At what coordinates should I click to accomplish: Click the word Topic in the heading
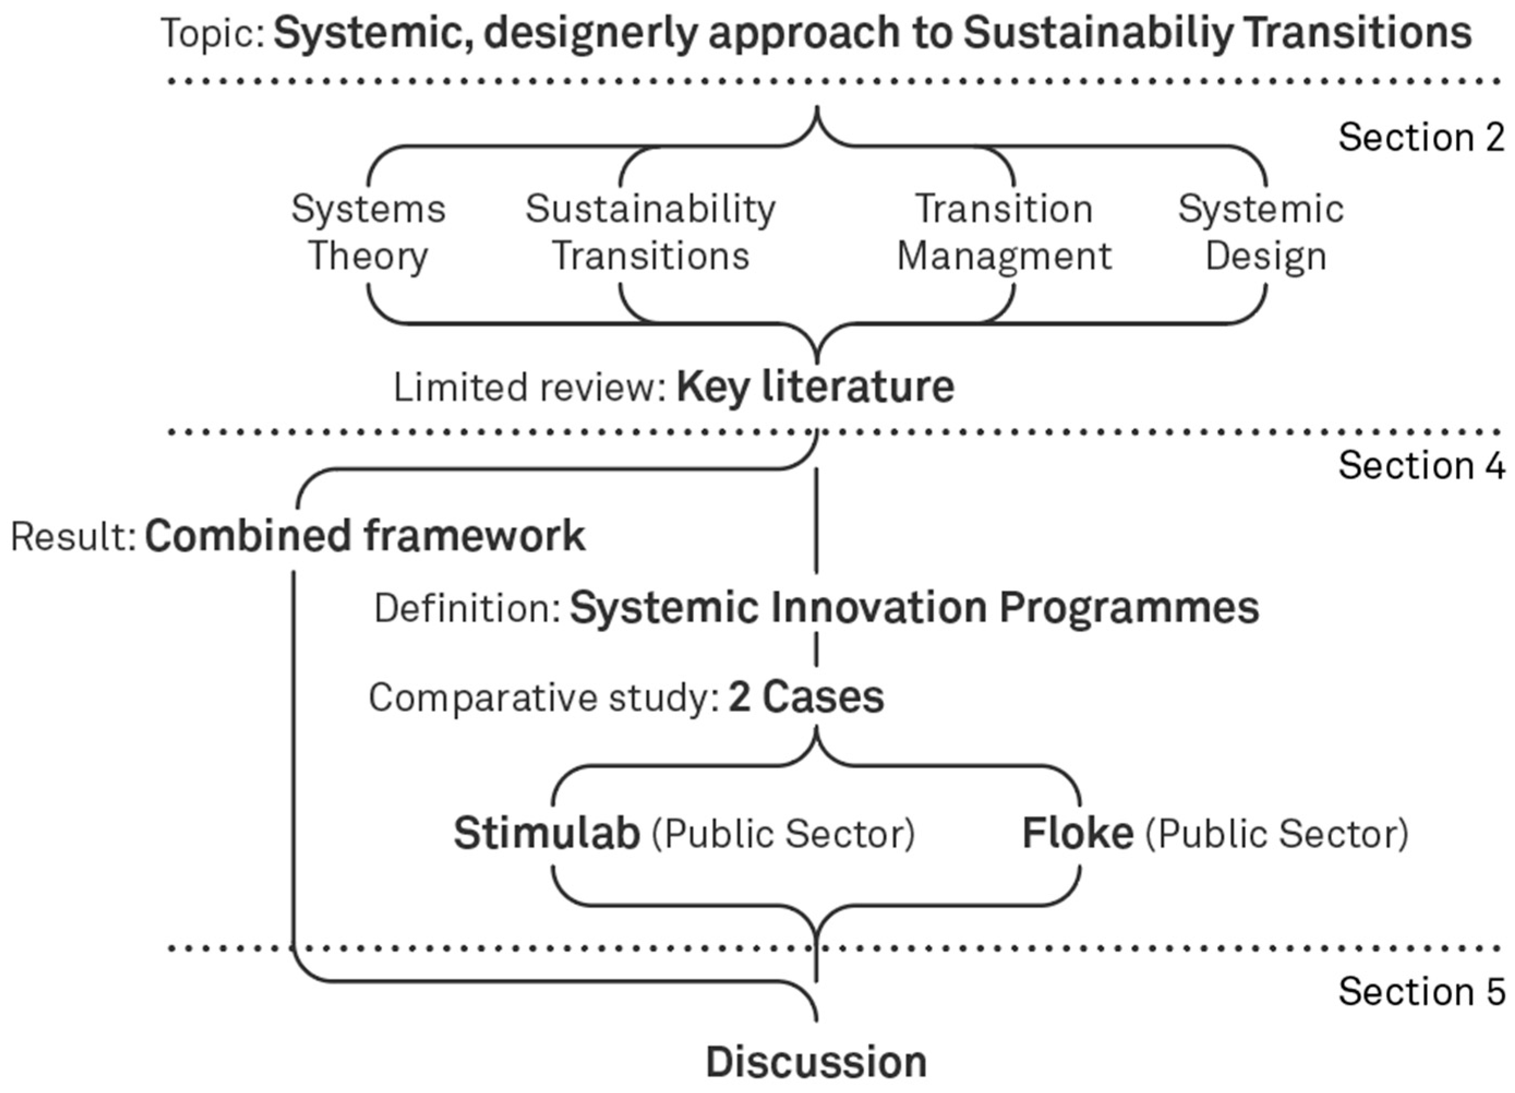213,33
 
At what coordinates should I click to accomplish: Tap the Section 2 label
1421,137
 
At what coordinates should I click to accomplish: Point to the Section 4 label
1421,465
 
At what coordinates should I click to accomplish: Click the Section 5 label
1421,991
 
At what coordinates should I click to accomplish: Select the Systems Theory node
368,232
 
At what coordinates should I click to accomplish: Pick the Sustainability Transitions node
650,232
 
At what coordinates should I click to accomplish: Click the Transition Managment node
1004,232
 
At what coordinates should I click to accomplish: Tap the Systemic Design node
1261,232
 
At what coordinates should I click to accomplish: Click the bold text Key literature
815,387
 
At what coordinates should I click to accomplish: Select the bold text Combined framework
365,536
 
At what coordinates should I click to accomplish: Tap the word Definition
466,609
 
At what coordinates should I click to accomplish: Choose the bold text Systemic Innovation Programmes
914,608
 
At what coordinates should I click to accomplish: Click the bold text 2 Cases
806,698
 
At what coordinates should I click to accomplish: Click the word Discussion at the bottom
816,1062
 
